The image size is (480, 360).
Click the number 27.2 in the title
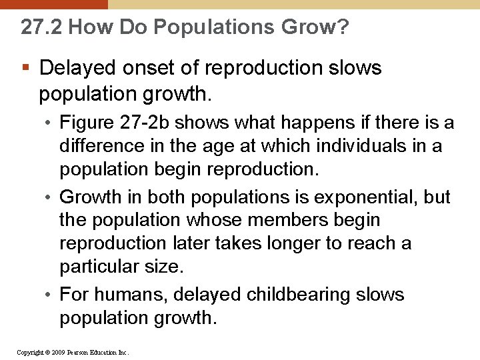[x=41, y=27]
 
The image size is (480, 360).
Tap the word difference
[x=100, y=146]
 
